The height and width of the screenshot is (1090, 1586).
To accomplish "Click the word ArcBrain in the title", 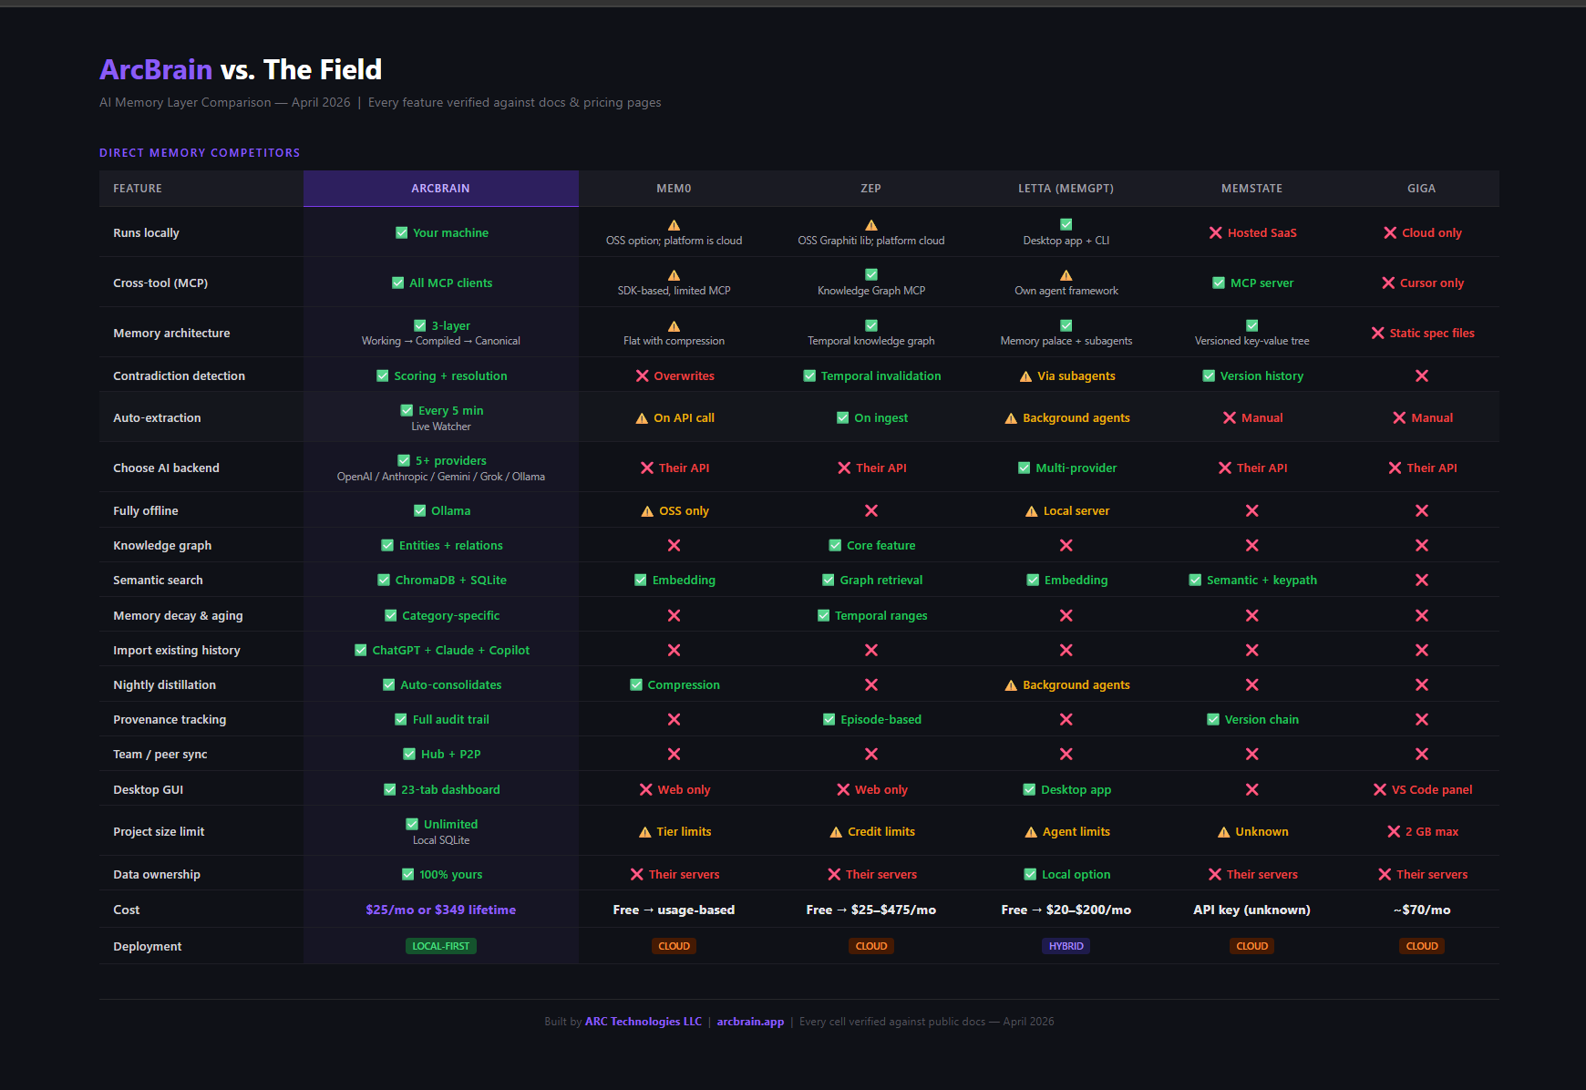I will (156, 70).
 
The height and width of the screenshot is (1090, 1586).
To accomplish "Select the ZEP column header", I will (870, 189).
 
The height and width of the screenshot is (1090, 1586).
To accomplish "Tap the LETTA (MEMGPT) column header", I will (1066, 189).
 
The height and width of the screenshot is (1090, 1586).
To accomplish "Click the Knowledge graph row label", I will (162, 546).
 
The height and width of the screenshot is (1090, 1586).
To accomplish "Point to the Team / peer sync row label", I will (160, 755).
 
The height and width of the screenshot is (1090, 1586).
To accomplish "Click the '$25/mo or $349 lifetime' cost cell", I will (440, 910).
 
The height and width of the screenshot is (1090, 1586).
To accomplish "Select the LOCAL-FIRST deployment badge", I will (440, 947).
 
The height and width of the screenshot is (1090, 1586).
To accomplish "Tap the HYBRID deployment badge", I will (1066, 947).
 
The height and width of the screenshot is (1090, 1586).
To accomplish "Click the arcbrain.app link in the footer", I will (750, 1022).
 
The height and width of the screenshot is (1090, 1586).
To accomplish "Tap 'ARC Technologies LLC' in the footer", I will (644, 1022).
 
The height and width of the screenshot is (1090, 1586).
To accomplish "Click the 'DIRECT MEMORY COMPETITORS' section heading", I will (200, 153).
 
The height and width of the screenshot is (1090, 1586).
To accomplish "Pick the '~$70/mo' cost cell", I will (1421, 910).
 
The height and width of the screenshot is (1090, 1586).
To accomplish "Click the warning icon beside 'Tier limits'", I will (645, 832).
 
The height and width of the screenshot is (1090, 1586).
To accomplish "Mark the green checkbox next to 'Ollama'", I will (419, 511).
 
